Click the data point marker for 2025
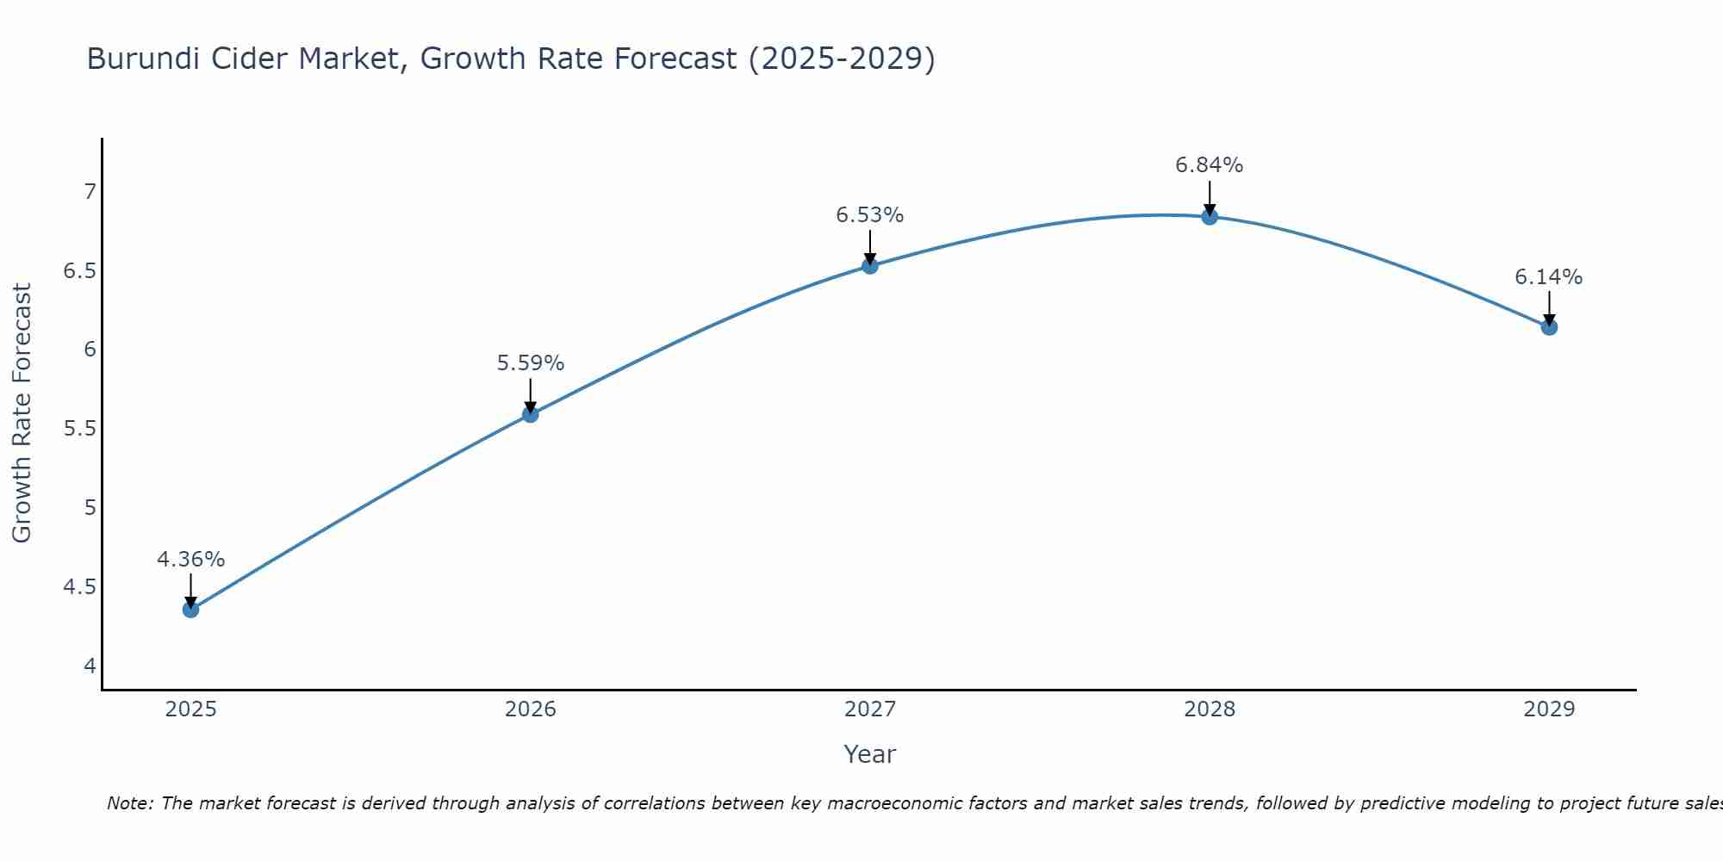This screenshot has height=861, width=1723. pos(190,610)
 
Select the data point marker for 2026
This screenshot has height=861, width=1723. pos(530,414)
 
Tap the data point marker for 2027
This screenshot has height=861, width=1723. pos(869,265)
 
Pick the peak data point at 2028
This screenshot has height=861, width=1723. pos(1209,216)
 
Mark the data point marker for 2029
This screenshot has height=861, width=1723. pos(1548,327)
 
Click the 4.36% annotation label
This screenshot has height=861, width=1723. pos(190,560)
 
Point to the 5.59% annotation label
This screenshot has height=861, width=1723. pos(530,363)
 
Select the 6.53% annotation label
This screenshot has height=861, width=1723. pos(869,215)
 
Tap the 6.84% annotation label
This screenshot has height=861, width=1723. pos(1209,165)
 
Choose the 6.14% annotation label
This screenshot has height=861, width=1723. pos(1548,277)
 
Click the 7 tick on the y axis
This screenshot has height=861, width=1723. pos(90,191)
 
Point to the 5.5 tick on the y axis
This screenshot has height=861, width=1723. pos(79,429)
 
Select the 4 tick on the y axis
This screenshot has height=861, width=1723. pos(90,666)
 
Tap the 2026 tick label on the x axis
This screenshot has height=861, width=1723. pos(530,709)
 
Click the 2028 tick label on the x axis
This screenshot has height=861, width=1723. pos(1209,709)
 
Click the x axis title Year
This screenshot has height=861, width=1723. pos(869,754)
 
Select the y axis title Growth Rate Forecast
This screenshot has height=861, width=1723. pos(22,413)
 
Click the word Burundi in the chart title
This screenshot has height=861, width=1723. pos(142,59)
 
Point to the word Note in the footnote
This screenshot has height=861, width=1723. pos(129,803)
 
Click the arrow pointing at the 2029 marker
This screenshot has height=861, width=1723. pos(1548,308)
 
